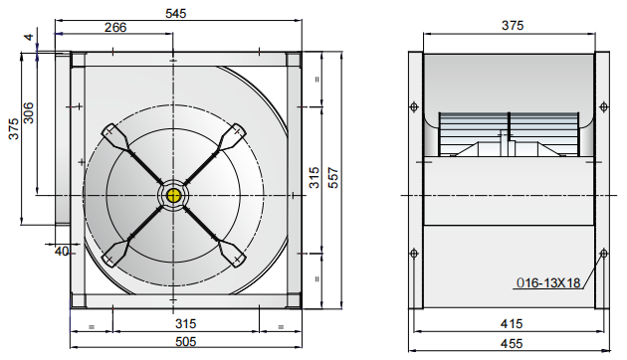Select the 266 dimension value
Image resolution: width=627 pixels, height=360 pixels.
pos(115,28)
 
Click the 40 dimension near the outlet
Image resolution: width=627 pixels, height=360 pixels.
pos(62,252)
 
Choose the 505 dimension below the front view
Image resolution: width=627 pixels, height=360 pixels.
pos(185,341)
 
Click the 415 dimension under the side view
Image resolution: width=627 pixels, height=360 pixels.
pos(511,323)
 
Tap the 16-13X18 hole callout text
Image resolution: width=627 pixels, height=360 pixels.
pos(547,282)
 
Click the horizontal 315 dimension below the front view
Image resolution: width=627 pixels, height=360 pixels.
pos(185,323)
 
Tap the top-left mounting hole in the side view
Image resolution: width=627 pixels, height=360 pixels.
pos(414,106)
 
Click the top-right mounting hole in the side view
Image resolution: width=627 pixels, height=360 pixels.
pos(603,106)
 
